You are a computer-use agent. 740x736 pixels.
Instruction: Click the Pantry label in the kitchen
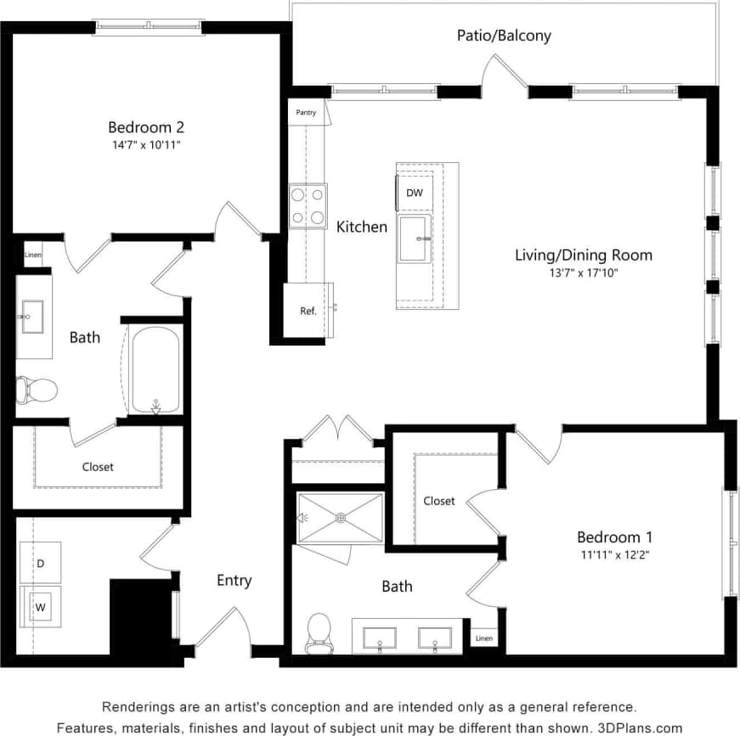[306, 112]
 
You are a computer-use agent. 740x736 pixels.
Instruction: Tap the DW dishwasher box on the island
[414, 193]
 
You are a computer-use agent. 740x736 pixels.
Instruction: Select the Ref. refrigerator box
[308, 311]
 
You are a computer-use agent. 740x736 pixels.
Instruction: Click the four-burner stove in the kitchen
[308, 205]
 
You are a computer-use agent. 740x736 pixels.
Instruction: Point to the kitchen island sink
[415, 239]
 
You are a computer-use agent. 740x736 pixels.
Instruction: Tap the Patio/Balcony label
[504, 36]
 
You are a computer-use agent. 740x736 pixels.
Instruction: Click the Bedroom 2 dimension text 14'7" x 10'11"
[146, 145]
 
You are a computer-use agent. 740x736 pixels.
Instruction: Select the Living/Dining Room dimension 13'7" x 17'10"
[584, 272]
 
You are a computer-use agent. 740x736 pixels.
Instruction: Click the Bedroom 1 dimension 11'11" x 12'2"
[614, 555]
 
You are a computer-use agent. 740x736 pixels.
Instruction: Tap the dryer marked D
[40, 564]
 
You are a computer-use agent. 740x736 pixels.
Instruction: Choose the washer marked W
[39, 607]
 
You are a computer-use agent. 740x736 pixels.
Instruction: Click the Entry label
[234, 581]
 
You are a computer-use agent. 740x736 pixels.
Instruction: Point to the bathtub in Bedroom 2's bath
[155, 371]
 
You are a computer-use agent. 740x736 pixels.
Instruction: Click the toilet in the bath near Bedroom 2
[36, 390]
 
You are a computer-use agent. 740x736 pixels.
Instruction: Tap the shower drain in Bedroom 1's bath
[341, 516]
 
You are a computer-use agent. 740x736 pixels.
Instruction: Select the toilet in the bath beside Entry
[319, 633]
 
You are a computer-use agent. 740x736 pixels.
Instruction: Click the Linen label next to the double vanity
[483, 638]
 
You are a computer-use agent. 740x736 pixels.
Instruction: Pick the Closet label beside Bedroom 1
[439, 501]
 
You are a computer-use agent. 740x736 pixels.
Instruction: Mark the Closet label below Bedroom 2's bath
[98, 466]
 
